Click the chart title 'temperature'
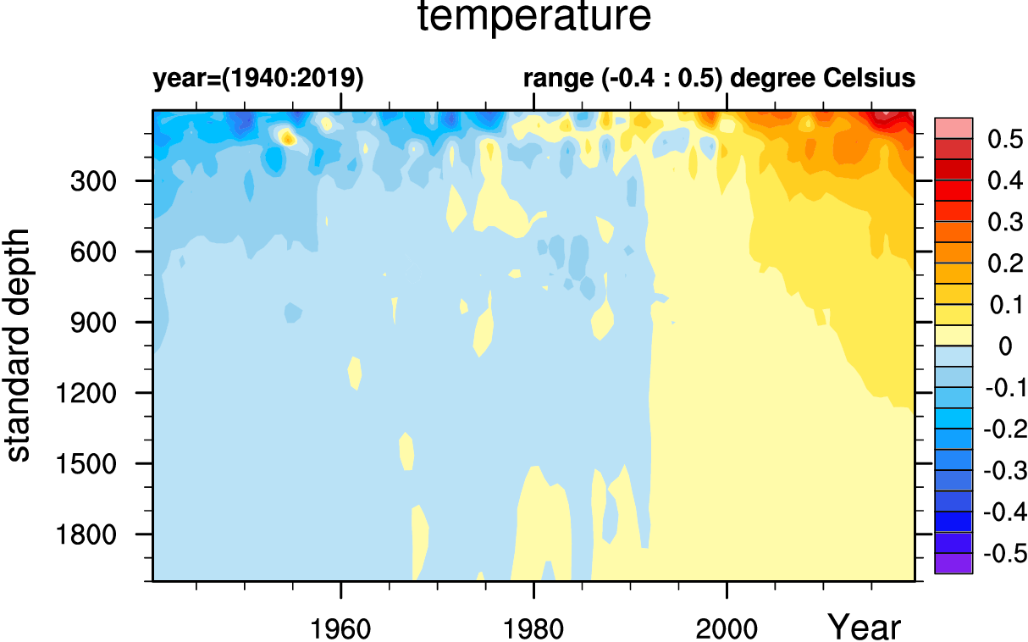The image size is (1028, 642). pos(535,18)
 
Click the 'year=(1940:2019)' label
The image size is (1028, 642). pos(257,79)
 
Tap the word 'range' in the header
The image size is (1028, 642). pos(558,80)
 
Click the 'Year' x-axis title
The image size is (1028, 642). pos(864,628)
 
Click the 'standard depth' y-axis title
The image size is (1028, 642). pos(19,344)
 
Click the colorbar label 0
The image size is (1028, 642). pos(1005,346)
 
